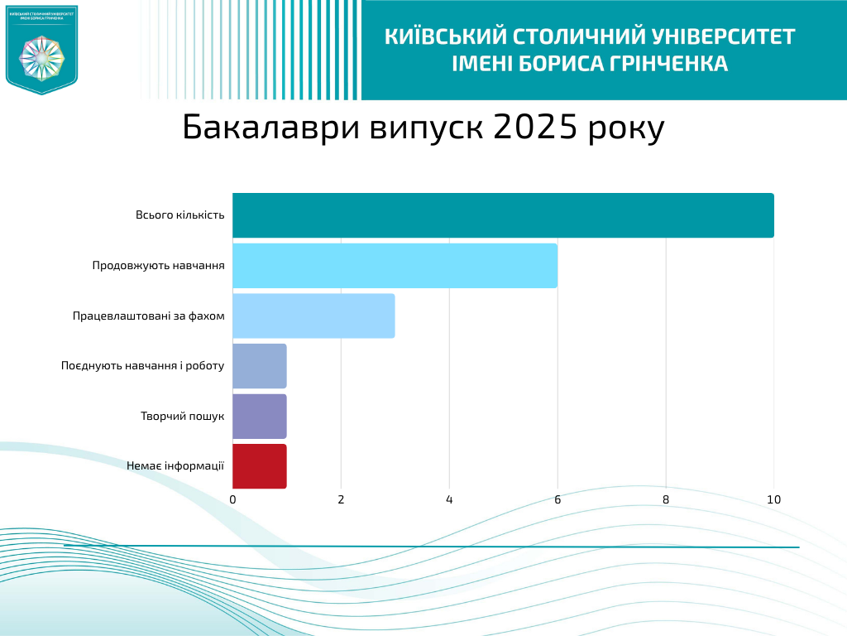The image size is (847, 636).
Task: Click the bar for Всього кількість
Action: (503, 215)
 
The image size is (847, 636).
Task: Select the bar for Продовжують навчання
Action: (395, 266)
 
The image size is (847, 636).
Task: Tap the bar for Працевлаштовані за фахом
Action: (313, 316)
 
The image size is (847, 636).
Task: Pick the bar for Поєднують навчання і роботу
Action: (260, 366)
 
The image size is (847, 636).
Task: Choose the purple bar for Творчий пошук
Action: (260, 416)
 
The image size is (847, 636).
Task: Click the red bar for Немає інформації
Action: (260, 466)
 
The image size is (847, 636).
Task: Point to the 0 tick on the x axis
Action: (232, 499)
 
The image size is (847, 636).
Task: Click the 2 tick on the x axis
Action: (341, 499)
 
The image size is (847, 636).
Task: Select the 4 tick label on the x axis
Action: (449, 499)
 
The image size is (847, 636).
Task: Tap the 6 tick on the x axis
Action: (557, 499)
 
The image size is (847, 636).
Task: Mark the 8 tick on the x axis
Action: (666, 499)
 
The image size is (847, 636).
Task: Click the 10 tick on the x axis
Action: (774, 499)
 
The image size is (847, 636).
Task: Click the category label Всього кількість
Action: (179, 215)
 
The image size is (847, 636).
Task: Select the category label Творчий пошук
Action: (182, 416)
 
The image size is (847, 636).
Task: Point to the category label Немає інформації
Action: (175, 466)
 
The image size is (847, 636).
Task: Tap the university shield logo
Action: (41, 49)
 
